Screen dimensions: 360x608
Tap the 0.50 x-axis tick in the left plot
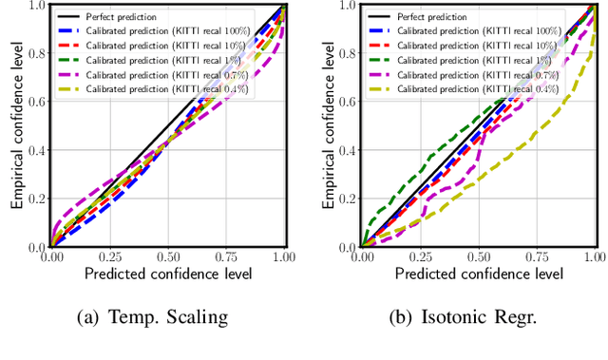168,257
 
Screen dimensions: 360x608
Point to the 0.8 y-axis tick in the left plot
36,53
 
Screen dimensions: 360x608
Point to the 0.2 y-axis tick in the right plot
345,199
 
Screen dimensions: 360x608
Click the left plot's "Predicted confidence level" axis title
168,275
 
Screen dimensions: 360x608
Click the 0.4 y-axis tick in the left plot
36,150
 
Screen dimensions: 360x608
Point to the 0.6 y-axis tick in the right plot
345,102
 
